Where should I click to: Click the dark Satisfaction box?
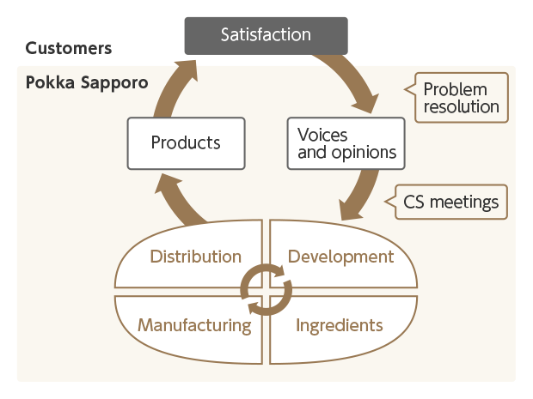(x=266, y=35)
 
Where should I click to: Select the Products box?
(x=186, y=142)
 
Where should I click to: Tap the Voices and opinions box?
(x=345, y=142)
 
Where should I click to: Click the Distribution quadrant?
(x=195, y=257)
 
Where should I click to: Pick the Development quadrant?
(x=340, y=257)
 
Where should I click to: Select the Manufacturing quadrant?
(x=194, y=325)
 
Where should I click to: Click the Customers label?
(x=69, y=48)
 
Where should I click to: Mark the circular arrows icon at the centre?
(x=266, y=290)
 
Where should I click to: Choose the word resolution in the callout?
(x=462, y=107)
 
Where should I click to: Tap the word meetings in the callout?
(x=466, y=203)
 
